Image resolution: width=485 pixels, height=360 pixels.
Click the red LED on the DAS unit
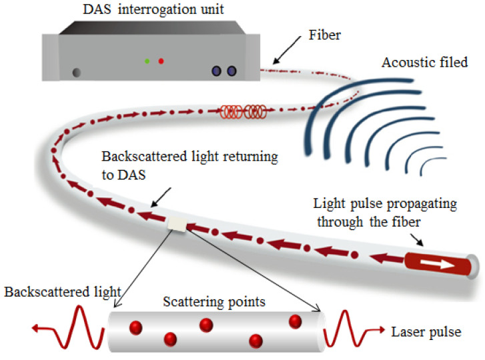[161, 61]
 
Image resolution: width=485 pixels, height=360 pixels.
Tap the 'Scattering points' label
[215, 302]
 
